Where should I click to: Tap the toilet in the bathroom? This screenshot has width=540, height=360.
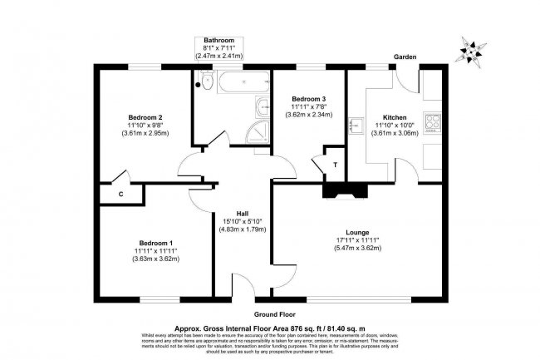click(x=201, y=81)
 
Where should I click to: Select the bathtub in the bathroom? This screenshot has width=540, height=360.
click(x=243, y=81)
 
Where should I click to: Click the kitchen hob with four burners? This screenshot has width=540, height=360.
click(x=433, y=123)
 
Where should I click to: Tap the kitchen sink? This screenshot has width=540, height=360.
click(x=355, y=124)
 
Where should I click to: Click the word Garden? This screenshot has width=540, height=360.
click(x=405, y=57)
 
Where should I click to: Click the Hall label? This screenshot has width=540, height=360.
click(x=242, y=211)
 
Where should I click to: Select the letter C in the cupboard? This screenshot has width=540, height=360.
click(x=121, y=193)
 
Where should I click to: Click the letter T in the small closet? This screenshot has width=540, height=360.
click(x=334, y=165)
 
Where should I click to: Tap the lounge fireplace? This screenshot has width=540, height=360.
click(x=341, y=190)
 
